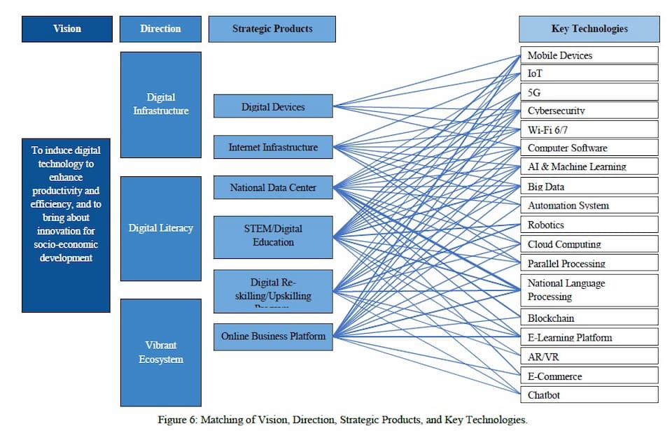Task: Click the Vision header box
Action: [x=66, y=29]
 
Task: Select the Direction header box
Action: [x=160, y=29]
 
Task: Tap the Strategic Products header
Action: [x=272, y=29]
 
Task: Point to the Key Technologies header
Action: [x=589, y=29]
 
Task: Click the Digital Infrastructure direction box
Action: [x=160, y=104]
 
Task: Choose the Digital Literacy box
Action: [x=160, y=228]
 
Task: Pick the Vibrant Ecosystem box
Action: [x=160, y=353]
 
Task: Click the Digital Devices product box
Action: [x=273, y=106]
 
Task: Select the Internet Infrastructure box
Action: [x=273, y=147]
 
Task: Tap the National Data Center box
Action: [x=273, y=187]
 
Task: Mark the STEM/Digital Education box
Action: [x=273, y=236]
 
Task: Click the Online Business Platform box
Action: [x=273, y=336]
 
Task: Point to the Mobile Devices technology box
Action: [x=589, y=55]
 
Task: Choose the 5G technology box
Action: [x=589, y=92]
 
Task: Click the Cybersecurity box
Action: [x=589, y=111]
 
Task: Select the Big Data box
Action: [x=589, y=187]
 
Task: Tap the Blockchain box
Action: [x=589, y=318]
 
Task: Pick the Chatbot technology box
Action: [x=589, y=395]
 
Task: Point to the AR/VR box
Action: [x=589, y=356]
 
